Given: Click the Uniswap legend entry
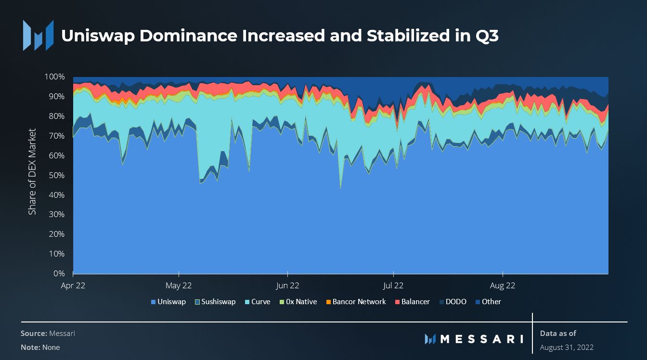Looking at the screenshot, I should (x=168, y=302).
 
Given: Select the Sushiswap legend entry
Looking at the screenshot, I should (x=215, y=302).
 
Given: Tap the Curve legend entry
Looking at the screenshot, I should (x=257, y=302).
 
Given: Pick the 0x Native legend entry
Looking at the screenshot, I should (x=298, y=302).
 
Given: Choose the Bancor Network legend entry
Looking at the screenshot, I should (x=356, y=302).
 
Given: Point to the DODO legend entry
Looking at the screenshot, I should (x=452, y=302).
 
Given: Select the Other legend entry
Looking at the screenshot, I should (x=488, y=302).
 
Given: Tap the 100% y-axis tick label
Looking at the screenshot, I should (x=54, y=77).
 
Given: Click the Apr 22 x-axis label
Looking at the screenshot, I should (x=73, y=285).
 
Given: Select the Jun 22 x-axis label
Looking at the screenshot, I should (x=287, y=285).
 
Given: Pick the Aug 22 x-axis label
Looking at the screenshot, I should (x=503, y=285).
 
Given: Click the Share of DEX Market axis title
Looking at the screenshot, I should (x=32, y=172).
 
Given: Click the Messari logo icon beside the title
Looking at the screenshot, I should (x=38, y=36).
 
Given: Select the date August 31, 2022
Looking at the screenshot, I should (x=567, y=347).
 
